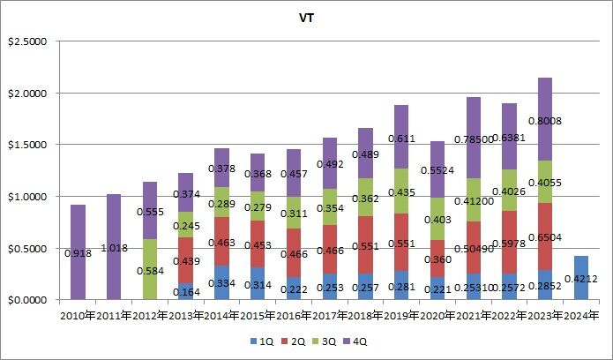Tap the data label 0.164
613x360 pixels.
[x=186, y=290]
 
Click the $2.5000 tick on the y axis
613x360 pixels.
[x=30, y=41]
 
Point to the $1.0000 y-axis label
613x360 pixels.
[x=30, y=197]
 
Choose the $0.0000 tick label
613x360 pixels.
[x=30, y=300]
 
